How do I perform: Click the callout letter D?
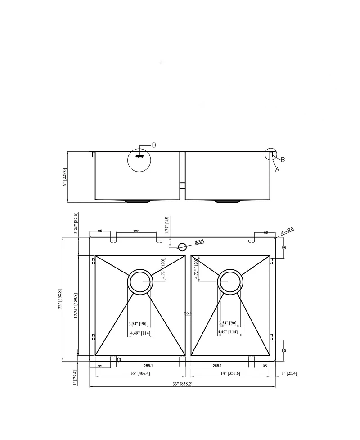[153, 145]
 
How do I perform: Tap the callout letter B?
[283, 159]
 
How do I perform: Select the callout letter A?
[277, 169]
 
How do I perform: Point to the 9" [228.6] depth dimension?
[64, 177]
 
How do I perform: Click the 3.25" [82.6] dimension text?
[76, 222]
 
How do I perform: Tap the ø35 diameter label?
[199, 242]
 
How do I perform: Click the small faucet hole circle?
[182, 247]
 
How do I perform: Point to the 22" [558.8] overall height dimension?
[59, 299]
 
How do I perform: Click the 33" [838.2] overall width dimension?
[183, 384]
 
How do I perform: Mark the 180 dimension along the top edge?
[136, 231]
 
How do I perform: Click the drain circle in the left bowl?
[140, 282]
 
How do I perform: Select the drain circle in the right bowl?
[230, 282]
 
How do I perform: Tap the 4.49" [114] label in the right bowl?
[227, 332]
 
